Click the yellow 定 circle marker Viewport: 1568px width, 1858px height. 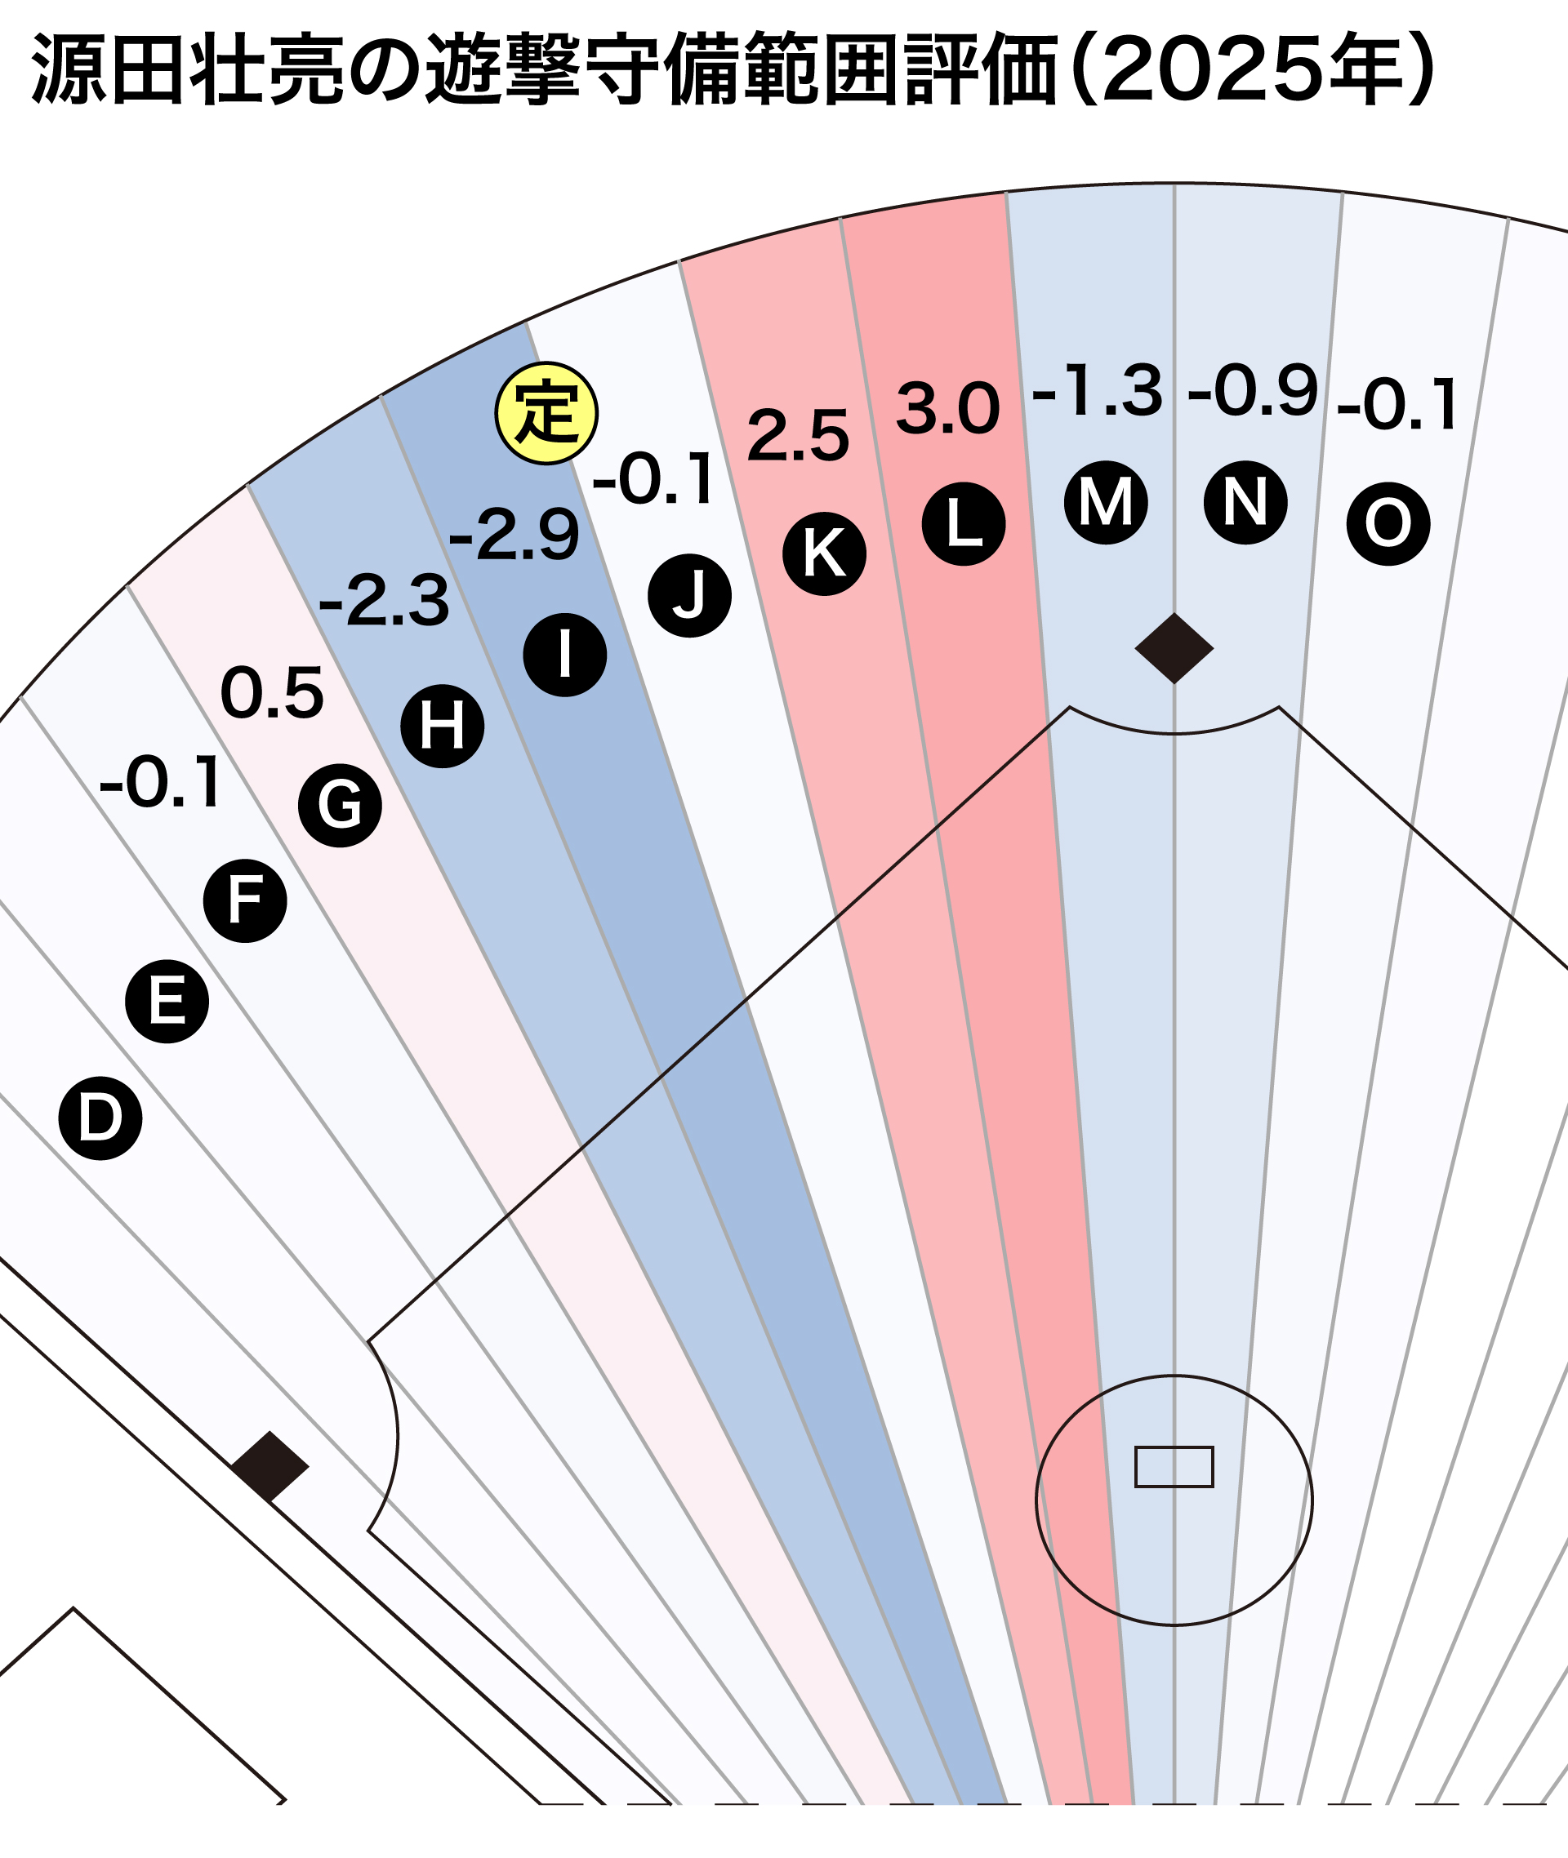546,413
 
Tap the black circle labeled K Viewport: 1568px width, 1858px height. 824,553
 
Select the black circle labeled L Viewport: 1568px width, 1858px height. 964,523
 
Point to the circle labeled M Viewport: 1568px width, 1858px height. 1106,502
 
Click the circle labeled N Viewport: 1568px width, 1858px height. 1245,502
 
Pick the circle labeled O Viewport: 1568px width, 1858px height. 1388,523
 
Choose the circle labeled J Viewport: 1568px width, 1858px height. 690,595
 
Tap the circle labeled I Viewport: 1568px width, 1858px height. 565,655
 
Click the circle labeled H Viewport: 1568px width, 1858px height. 443,726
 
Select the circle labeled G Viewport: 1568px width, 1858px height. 341,805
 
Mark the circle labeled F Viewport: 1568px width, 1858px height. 245,900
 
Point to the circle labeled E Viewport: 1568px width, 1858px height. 167,1002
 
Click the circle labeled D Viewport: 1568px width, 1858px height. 100,1118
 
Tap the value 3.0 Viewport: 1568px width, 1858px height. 947,410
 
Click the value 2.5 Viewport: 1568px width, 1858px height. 797,436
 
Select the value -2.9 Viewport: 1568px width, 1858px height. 514,535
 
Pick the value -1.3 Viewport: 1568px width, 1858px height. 1097,391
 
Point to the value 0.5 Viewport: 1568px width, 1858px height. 272,693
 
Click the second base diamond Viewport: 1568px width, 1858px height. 1174,647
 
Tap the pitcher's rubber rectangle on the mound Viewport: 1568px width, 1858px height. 1174,1467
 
